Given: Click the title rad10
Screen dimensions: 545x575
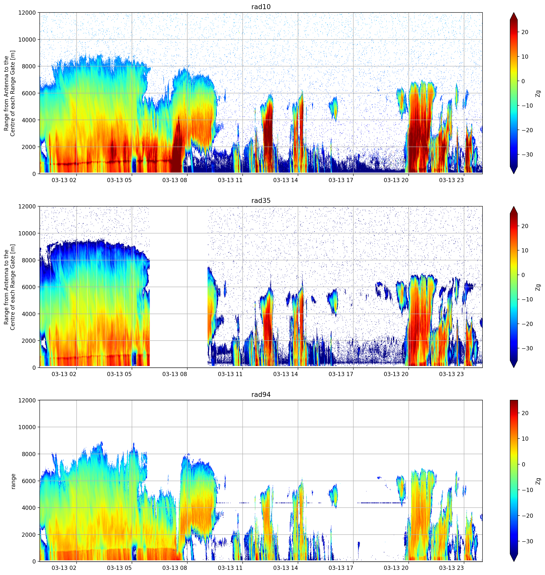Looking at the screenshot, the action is tap(261, 7).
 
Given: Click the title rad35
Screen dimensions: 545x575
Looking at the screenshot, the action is tap(261, 201).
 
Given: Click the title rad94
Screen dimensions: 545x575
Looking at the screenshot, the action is tap(261, 394).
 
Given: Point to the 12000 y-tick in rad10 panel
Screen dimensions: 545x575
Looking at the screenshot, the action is tap(27, 13).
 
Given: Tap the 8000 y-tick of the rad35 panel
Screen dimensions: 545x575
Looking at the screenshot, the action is tap(29, 260).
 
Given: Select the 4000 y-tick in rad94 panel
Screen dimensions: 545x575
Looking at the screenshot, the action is tap(29, 508).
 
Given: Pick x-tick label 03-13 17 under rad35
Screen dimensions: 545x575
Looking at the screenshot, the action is tap(341, 374).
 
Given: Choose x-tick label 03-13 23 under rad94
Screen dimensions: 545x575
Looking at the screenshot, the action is tap(452, 568).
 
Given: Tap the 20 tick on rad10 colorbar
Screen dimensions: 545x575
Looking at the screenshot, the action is tap(525, 32).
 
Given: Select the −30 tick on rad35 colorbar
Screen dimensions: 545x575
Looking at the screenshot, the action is tap(527, 348).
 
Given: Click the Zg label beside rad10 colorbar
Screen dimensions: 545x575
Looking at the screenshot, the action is tap(538, 93).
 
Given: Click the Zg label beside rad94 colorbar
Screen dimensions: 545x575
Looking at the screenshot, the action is tap(538, 481).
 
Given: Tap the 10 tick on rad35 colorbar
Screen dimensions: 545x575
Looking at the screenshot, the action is tap(525, 250).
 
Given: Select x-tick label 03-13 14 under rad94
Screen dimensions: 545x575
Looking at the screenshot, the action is tap(285, 568).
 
